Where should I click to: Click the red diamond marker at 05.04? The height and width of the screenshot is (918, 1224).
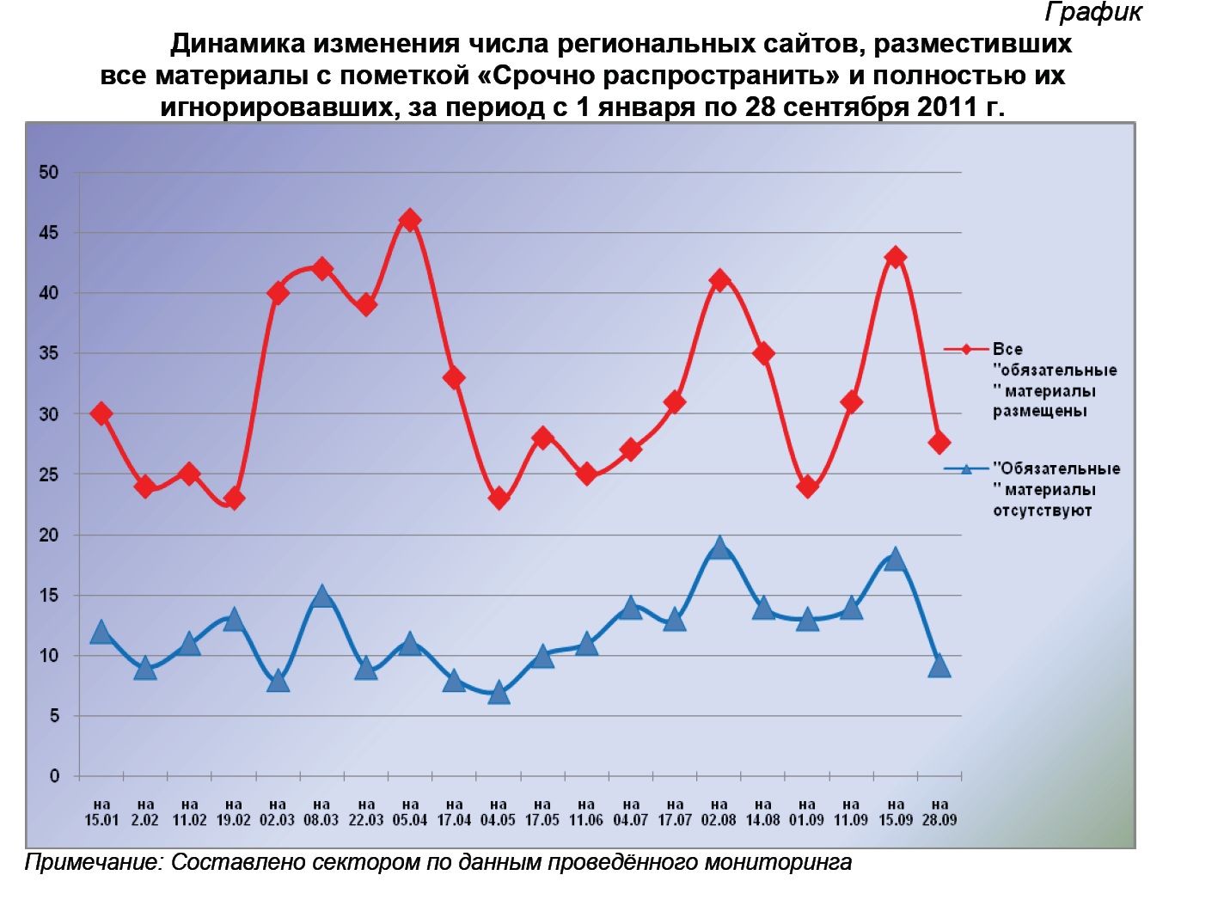410,220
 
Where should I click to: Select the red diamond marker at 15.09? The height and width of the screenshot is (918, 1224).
895,257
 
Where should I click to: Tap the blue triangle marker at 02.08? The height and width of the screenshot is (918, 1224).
719,548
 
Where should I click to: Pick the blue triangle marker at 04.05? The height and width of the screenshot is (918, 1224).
499,693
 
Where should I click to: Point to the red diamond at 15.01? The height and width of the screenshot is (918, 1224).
101,413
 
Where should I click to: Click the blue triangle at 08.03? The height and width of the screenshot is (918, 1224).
321,596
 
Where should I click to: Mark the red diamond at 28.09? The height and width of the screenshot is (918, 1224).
939,443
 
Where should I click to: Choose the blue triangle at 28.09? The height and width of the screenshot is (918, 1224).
939,666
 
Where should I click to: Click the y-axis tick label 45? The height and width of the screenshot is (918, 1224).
49,233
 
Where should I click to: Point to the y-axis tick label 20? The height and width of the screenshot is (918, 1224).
49,535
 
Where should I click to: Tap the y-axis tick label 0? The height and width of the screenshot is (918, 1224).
54,776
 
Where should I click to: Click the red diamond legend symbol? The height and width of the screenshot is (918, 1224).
966,349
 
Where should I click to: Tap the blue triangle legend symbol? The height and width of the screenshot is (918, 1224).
966,469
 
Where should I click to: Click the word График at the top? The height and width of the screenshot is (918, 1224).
1093,12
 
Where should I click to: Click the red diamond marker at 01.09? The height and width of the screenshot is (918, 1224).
806,487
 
